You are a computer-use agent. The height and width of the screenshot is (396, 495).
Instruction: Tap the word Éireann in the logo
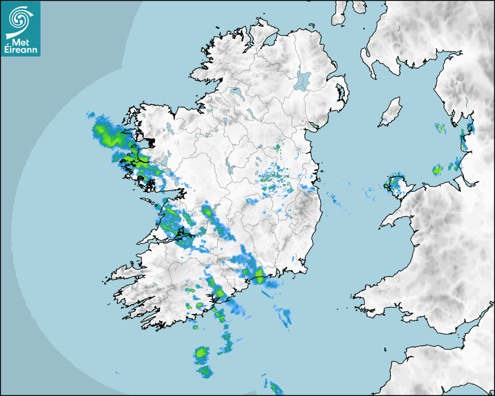(20, 50)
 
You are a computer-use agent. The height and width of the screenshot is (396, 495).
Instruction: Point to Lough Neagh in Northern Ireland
(303, 79)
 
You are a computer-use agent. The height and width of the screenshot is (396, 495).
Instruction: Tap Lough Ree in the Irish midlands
(231, 169)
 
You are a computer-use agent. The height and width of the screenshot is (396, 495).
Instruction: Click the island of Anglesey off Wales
(398, 186)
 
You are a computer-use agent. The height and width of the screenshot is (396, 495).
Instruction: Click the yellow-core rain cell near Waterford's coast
(258, 274)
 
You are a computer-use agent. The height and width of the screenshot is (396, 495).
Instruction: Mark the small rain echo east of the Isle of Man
(440, 127)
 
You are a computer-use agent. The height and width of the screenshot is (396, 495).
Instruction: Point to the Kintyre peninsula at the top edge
(340, 12)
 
